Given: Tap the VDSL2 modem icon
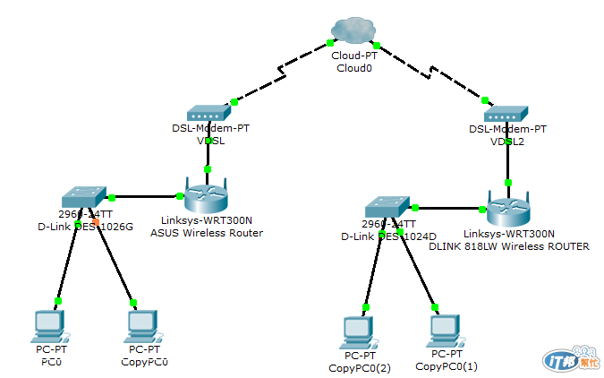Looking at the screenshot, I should click(x=506, y=114).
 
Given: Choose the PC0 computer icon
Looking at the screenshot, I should click(x=48, y=324).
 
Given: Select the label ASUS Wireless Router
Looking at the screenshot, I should click(x=207, y=233).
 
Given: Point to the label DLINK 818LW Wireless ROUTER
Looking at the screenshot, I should click(x=509, y=245).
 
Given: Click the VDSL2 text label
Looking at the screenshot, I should click(x=506, y=142).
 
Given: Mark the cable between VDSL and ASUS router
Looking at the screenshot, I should click(x=208, y=151).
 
